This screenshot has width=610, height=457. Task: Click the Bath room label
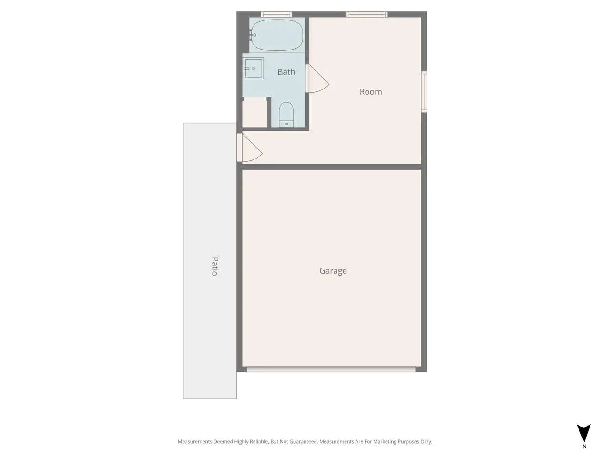[286, 72]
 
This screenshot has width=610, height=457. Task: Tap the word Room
[371, 92]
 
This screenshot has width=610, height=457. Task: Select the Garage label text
[333, 270]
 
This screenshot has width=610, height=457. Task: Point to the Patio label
[215, 266]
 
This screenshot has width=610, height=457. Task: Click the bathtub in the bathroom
[277, 35]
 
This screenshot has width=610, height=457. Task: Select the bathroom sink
[253, 68]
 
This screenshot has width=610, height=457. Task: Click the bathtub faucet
[252, 35]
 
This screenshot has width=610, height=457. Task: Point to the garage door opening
[331, 369]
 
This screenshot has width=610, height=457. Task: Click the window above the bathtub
[276, 14]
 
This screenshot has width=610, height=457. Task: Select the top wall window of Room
[367, 14]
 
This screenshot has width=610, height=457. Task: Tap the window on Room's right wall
[424, 92]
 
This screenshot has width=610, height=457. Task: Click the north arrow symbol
[584, 432]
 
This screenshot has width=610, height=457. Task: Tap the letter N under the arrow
[584, 447]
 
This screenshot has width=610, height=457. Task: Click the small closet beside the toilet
[254, 114]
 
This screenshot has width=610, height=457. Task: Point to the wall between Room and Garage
[332, 167]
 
